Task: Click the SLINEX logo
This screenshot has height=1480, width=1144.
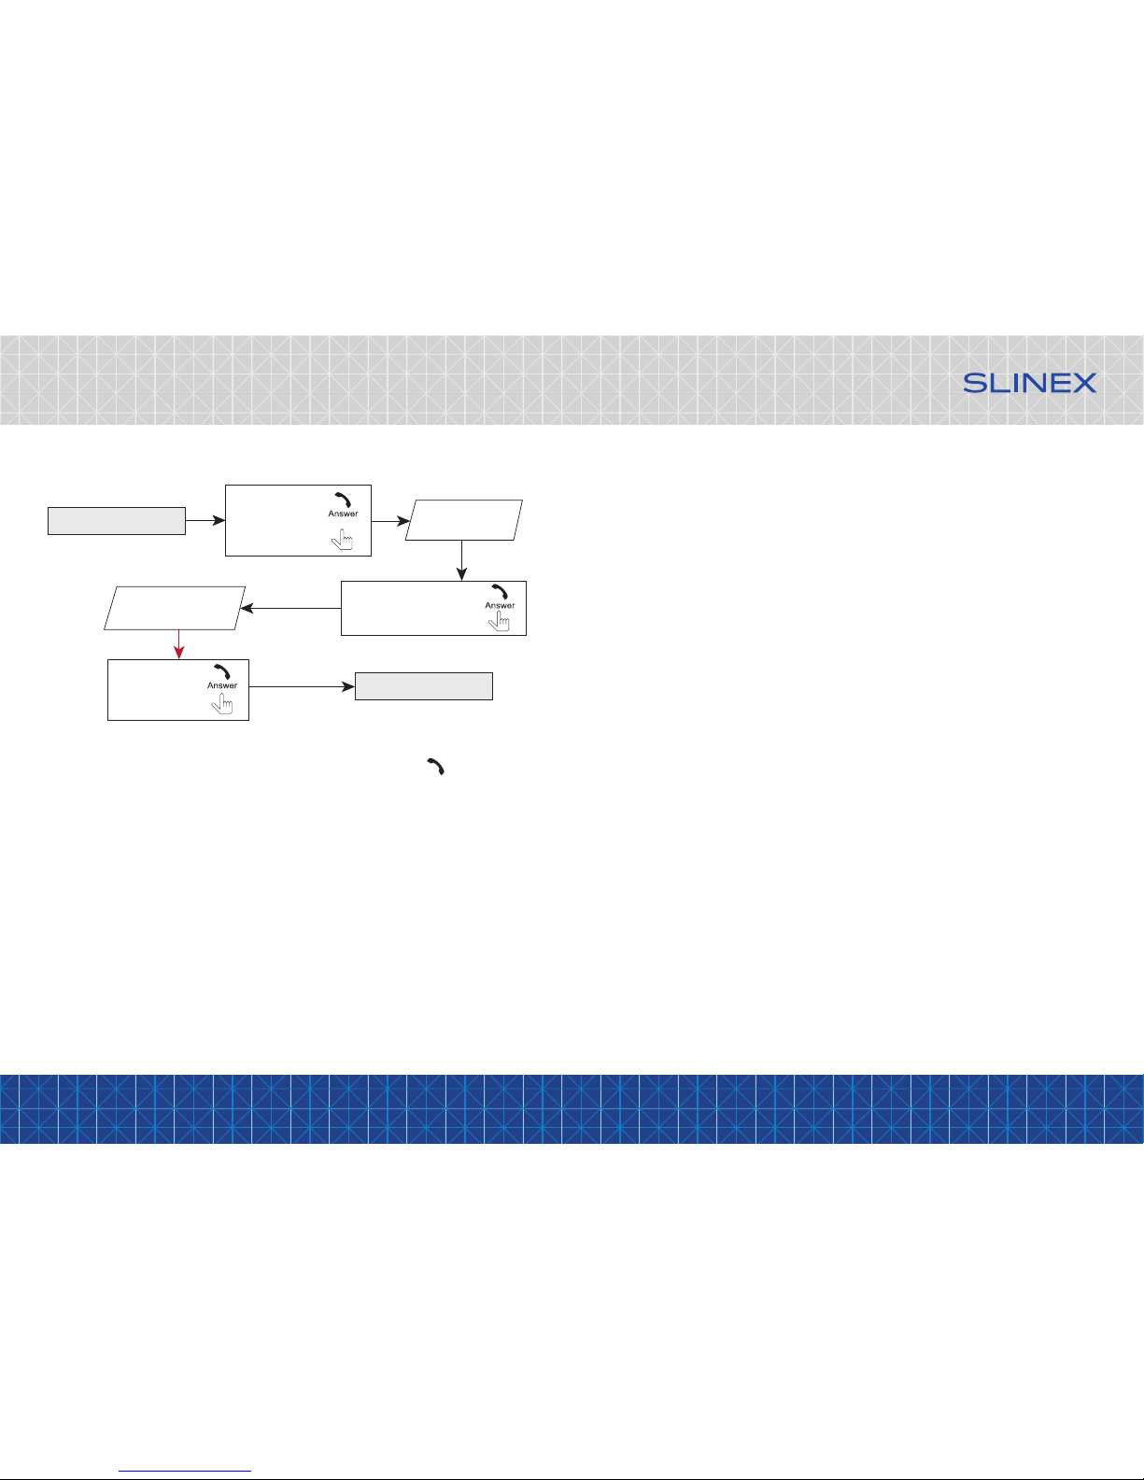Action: tap(1029, 383)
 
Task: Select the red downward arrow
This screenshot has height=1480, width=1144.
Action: tap(179, 644)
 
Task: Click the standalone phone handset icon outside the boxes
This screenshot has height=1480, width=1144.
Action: tap(436, 767)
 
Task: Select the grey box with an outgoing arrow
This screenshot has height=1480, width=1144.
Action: tap(117, 521)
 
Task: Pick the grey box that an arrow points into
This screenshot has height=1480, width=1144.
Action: tap(424, 686)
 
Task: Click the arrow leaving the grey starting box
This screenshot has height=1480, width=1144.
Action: tap(205, 520)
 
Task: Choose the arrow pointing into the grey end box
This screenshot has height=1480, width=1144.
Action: tap(302, 686)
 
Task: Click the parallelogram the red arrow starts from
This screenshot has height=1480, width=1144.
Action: tap(175, 608)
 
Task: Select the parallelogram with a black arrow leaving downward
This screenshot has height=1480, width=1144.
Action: tap(464, 520)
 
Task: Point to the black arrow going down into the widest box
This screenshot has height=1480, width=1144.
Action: tap(461, 560)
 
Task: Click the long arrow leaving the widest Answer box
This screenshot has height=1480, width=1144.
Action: tap(290, 608)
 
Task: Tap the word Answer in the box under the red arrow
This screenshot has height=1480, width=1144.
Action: tap(222, 685)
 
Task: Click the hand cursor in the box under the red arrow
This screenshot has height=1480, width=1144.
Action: tap(222, 703)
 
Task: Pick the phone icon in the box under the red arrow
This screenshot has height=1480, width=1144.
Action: tap(222, 671)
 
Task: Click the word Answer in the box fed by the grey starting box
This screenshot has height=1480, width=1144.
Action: tap(344, 514)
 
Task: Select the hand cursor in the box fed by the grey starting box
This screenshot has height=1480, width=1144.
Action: tap(342, 540)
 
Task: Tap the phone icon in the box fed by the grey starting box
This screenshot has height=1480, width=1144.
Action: tap(344, 500)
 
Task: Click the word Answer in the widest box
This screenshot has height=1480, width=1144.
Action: tap(500, 605)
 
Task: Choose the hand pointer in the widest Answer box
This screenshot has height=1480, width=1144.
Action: tap(499, 620)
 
